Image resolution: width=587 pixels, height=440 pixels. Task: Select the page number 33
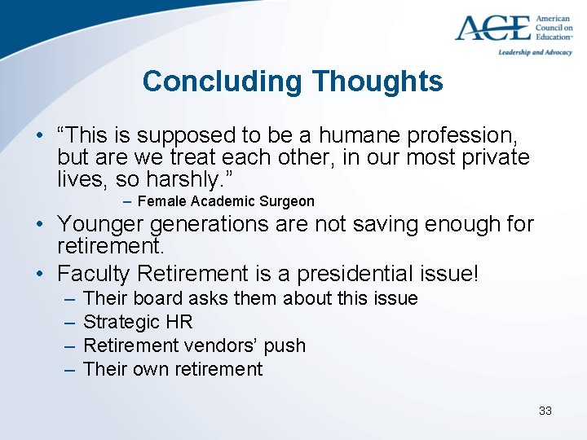(x=545, y=411)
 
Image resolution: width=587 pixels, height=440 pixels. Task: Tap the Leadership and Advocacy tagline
(x=536, y=53)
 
